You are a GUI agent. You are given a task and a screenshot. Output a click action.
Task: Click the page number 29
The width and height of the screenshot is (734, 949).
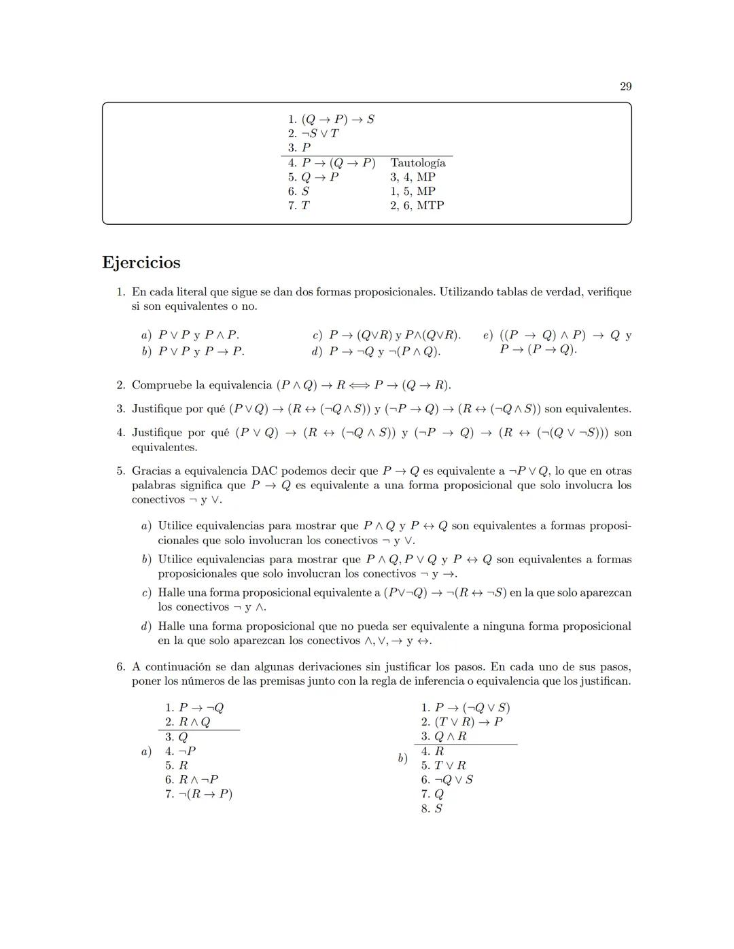coord(625,86)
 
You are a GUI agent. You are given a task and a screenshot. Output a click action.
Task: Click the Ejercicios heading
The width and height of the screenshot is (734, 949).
coord(141,263)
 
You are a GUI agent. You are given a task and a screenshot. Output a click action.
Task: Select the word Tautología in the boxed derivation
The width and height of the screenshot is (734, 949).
coord(417,163)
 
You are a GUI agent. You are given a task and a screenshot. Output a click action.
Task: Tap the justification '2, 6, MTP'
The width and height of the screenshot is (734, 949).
coord(417,205)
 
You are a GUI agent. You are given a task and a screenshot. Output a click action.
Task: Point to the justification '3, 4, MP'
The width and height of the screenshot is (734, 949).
coord(413,177)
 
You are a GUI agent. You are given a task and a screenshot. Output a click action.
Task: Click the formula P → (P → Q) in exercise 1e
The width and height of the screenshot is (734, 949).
coord(538,349)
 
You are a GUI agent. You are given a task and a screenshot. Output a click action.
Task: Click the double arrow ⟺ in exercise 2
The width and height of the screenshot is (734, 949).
coord(360,385)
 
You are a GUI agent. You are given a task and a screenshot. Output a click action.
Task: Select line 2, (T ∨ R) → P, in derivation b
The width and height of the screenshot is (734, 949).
coord(468,722)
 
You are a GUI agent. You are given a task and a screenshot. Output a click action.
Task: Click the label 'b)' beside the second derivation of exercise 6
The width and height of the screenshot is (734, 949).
coord(402,758)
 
